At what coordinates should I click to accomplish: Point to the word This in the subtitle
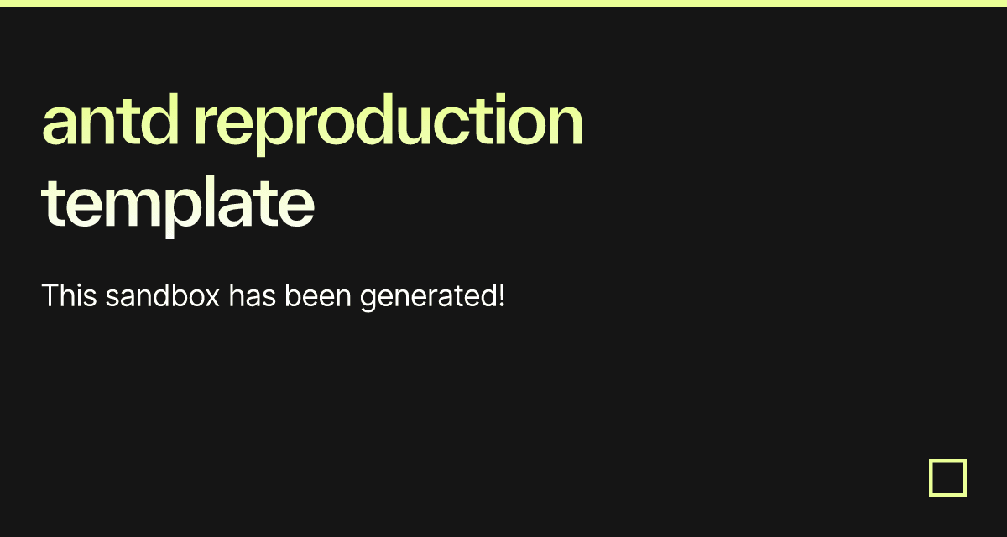pos(70,296)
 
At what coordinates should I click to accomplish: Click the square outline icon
pos(947,477)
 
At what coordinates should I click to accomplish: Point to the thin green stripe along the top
pos(503,3)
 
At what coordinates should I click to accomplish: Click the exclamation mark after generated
pos(501,296)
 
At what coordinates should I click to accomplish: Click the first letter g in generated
pos(369,300)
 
